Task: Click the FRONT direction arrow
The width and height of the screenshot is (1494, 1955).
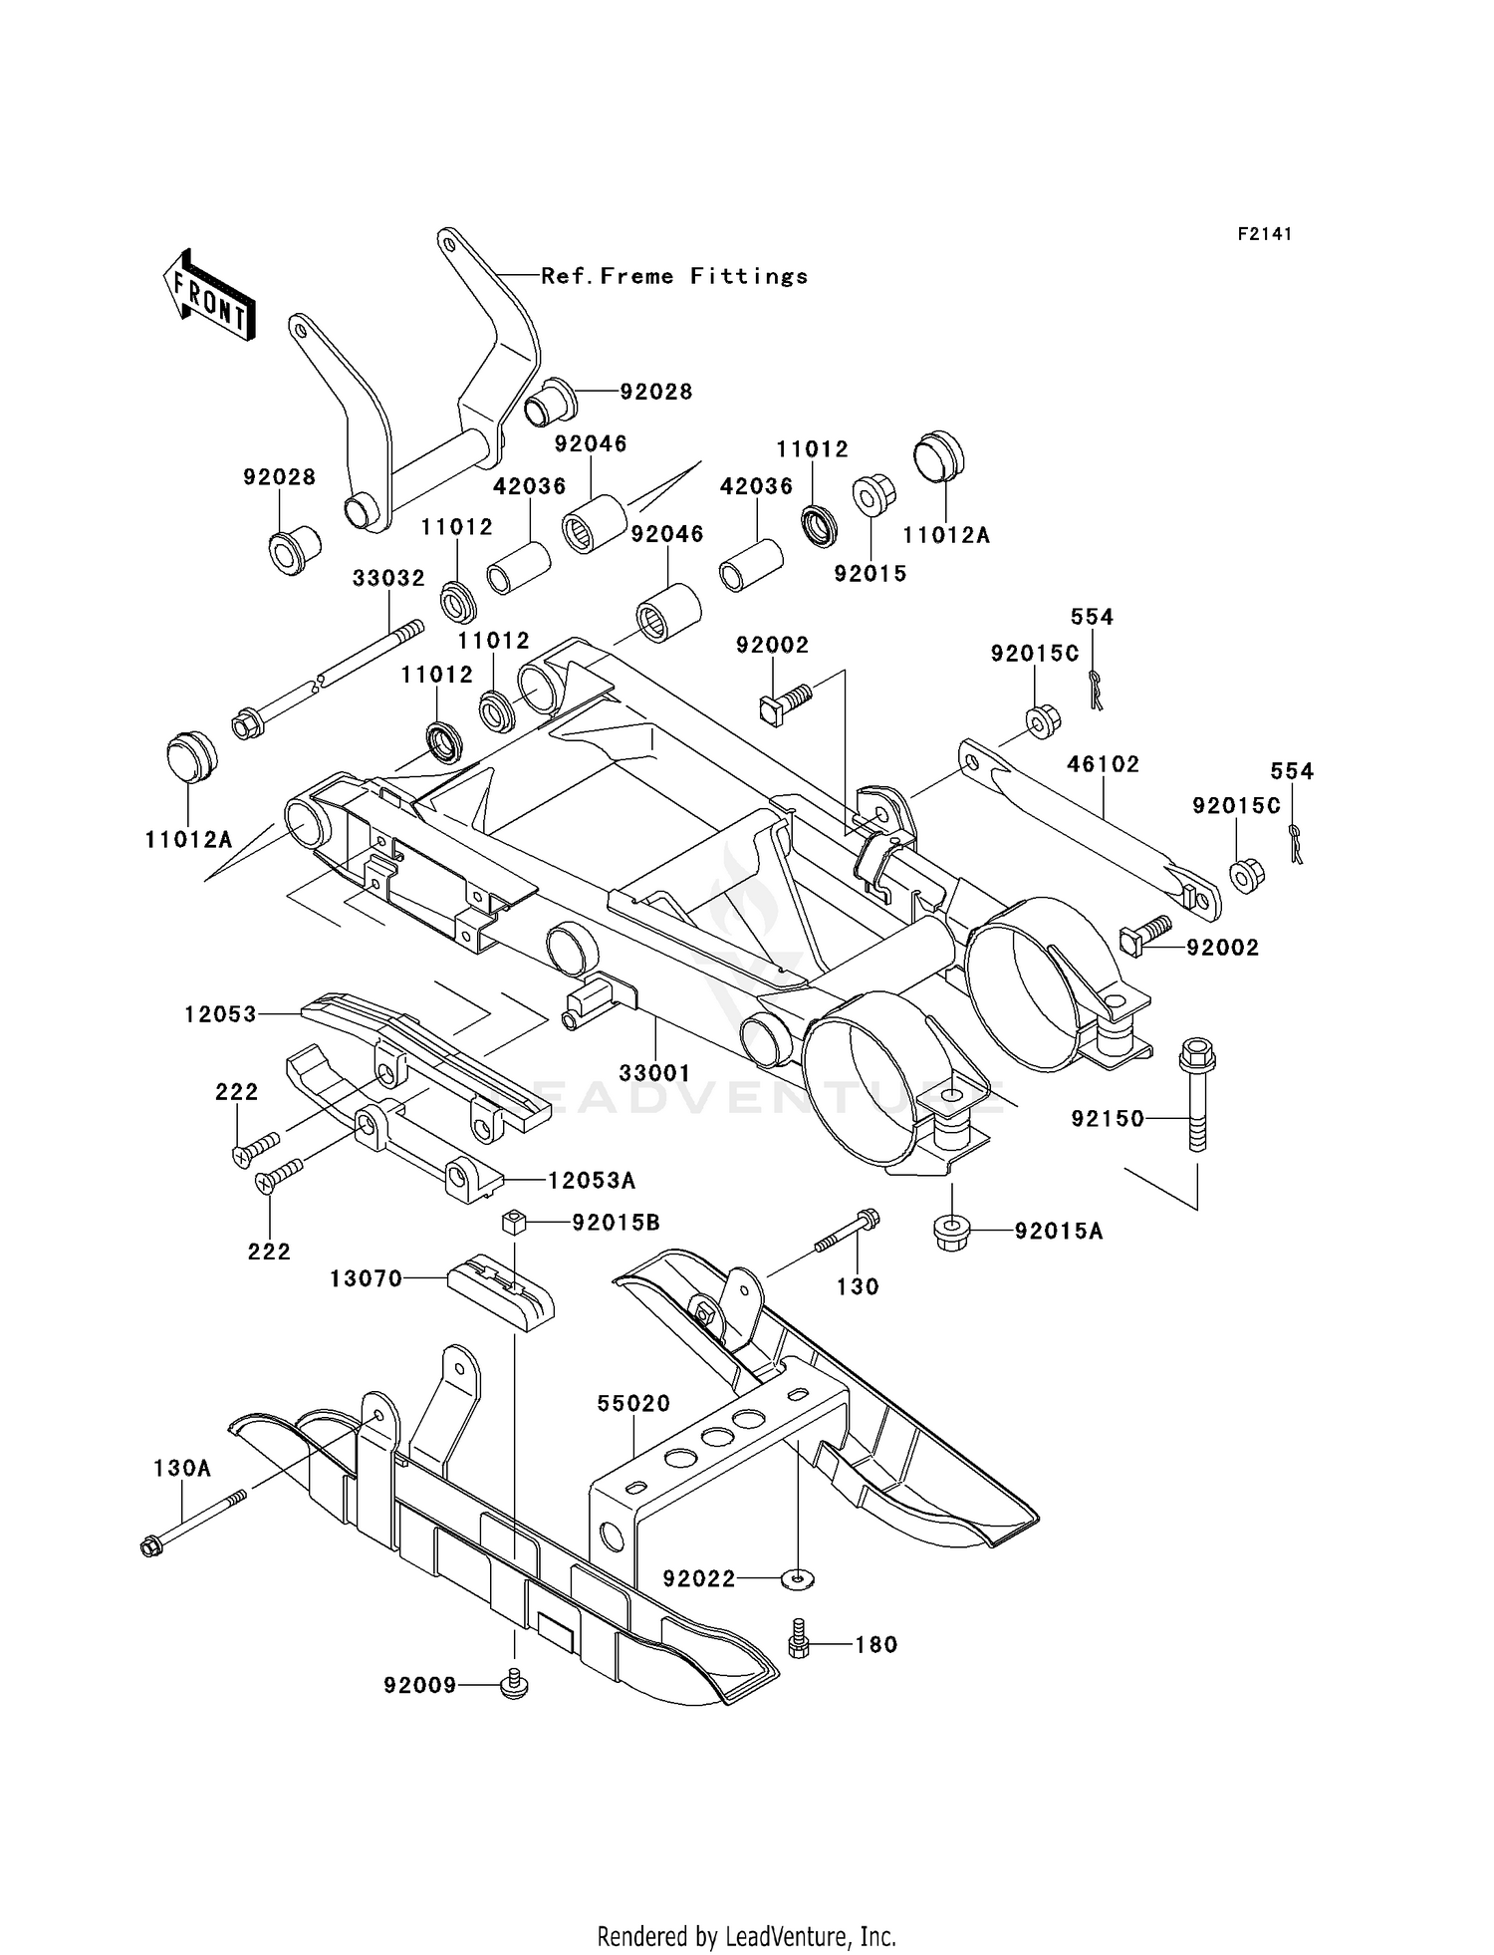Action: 208,297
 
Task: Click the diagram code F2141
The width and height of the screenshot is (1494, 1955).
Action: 1264,234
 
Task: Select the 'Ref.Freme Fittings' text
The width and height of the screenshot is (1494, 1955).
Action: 674,276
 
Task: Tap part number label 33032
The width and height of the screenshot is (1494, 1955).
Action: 388,578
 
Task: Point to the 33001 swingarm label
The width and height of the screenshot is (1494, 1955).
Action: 654,1073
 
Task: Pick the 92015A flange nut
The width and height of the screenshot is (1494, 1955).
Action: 952,1232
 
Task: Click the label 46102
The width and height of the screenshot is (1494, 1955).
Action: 1103,764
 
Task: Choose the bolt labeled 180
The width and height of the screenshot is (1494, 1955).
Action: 799,1644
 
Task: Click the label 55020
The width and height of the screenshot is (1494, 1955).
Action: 633,1403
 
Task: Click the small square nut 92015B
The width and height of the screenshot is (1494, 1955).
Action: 513,1222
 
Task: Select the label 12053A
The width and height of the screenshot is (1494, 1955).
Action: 592,1181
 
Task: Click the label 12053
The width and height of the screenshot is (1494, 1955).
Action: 220,1013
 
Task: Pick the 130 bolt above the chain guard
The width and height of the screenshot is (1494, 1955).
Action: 845,1232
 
